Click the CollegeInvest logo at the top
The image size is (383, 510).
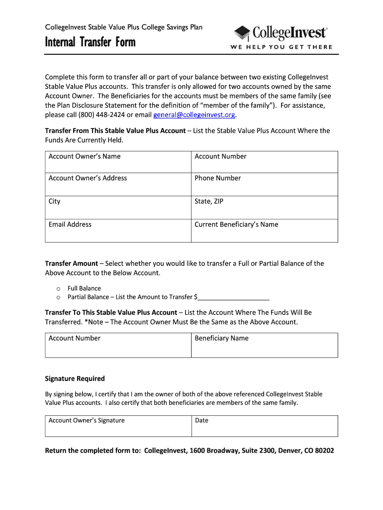click(281, 33)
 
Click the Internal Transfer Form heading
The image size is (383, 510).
click(90, 42)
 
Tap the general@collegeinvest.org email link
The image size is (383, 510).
click(194, 115)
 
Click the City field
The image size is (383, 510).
click(118, 208)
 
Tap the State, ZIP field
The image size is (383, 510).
click(264, 208)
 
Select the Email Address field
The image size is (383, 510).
click(118, 231)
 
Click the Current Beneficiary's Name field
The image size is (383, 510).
click(264, 231)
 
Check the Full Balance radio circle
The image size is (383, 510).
click(58, 289)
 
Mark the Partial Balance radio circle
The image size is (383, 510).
click(58, 297)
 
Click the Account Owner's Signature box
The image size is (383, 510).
click(118, 426)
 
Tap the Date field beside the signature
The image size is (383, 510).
click(264, 426)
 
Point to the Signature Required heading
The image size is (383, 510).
click(75, 379)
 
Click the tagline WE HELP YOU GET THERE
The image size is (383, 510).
click(281, 47)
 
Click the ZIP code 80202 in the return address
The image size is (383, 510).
click(323, 451)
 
